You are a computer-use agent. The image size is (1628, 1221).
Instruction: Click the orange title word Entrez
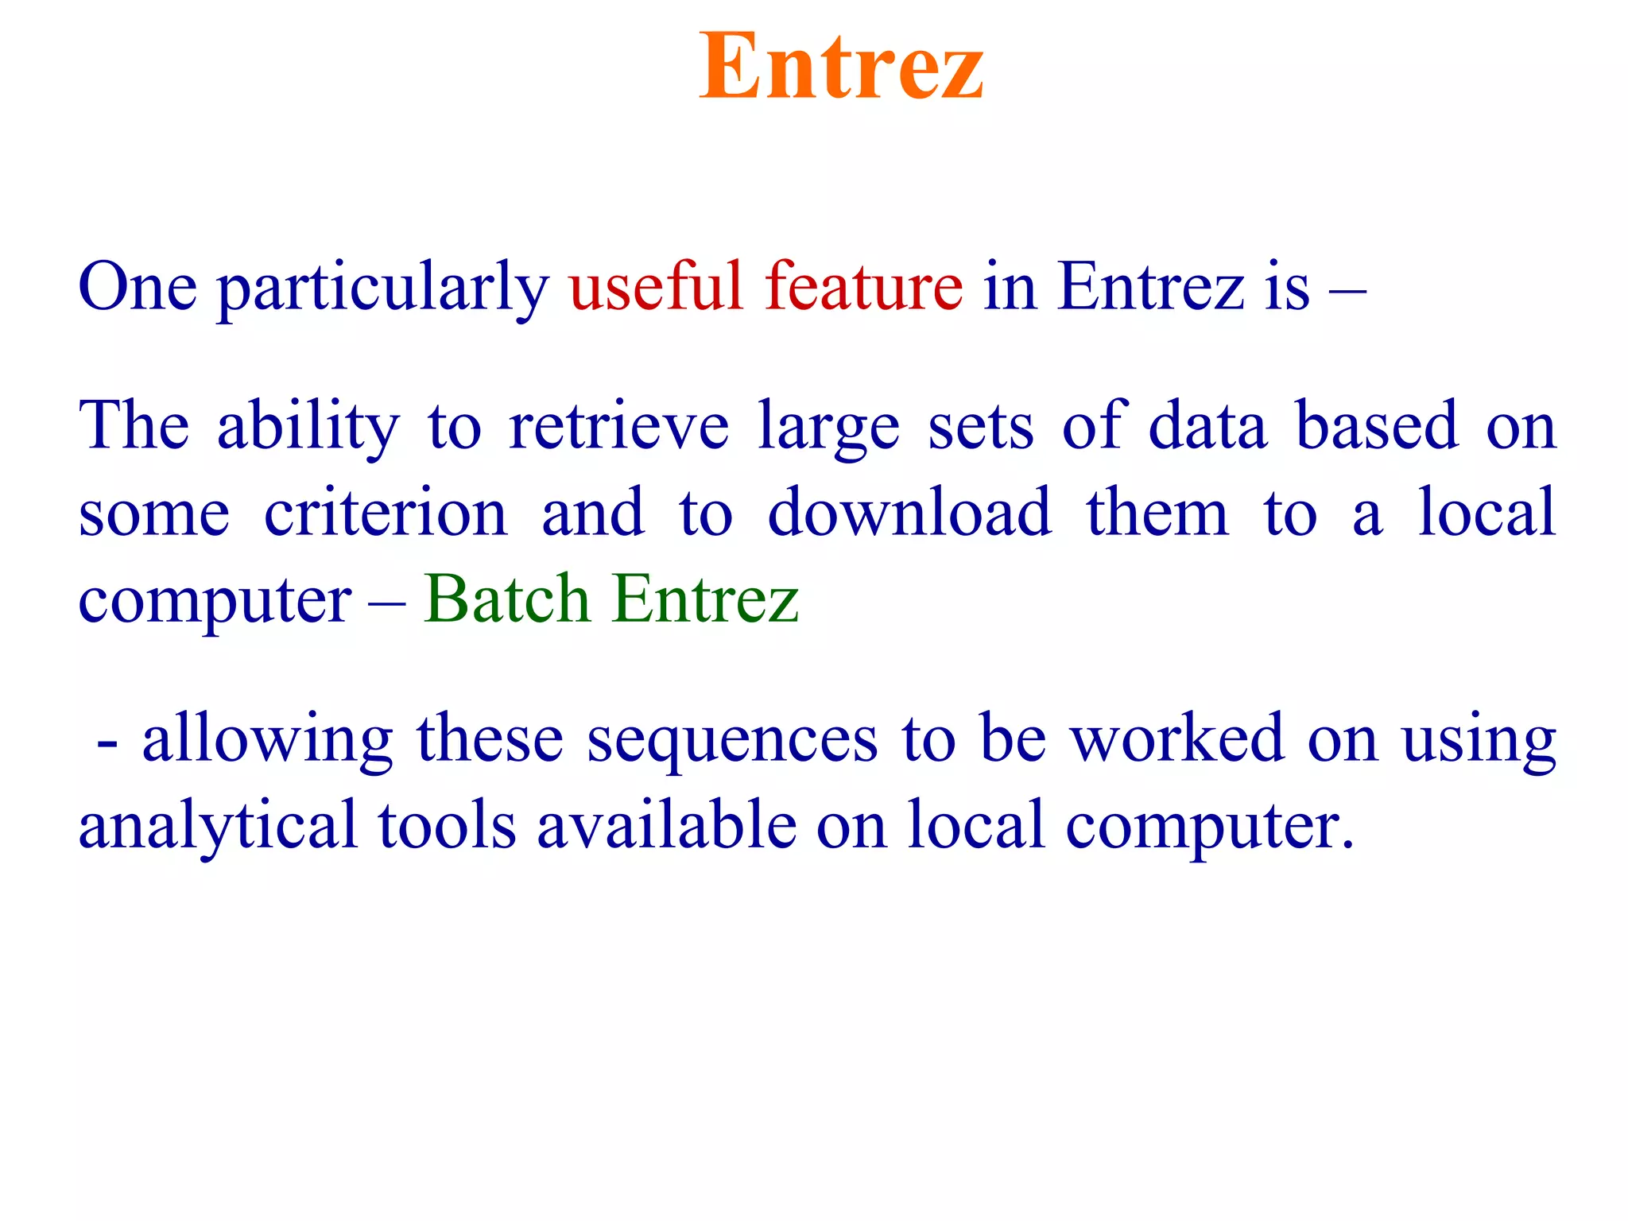coord(841,67)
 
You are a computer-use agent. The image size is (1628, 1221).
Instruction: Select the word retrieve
coord(618,428)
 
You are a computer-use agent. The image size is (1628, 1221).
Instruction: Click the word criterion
coord(386,514)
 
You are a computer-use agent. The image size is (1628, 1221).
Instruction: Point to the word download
coord(909,514)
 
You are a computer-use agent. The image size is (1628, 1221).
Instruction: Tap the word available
coord(667,827)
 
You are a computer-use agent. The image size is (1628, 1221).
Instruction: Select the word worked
coord(1176,739)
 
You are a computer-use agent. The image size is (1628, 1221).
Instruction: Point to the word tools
coord(448,827)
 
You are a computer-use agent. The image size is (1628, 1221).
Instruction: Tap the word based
coord(1378,428)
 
